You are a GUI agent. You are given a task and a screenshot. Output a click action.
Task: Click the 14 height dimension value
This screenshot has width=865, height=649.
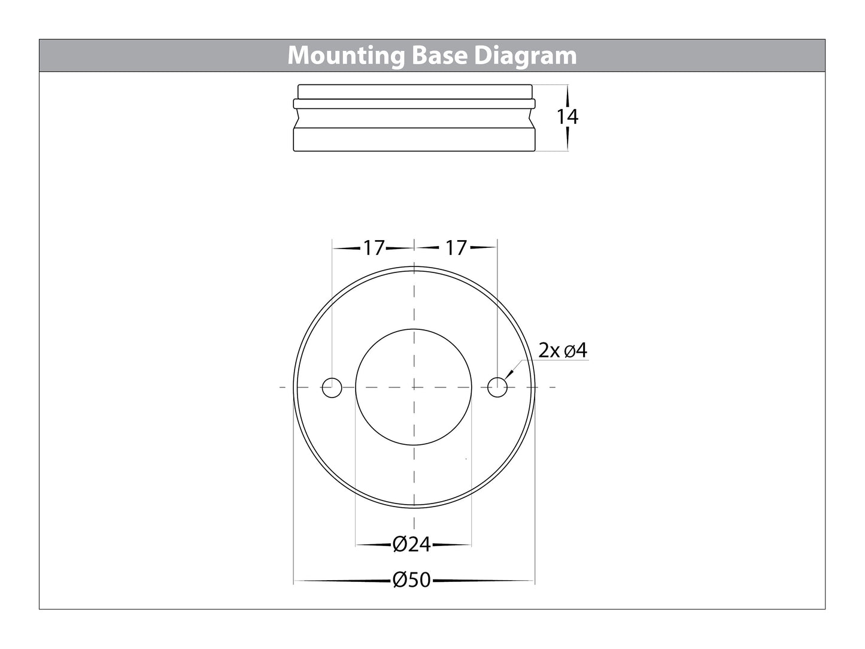(x=567, y=117)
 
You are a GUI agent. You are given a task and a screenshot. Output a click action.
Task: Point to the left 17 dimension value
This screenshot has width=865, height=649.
(x=373, y=247)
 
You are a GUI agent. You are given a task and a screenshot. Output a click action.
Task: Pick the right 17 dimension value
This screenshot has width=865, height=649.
(x=456, y=247)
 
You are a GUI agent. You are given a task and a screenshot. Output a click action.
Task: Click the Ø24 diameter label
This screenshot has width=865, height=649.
(x=412, y=545)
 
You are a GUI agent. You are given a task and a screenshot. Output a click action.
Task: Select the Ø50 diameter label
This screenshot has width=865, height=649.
(x=412, y=580)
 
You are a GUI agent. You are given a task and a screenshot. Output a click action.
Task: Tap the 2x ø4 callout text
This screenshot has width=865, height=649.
(x=563, y=350)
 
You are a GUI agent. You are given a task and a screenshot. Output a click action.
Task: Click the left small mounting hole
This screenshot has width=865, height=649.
(x=332, y=387)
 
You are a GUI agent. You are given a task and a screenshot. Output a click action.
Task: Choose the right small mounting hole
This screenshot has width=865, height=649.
(x=497, y=387)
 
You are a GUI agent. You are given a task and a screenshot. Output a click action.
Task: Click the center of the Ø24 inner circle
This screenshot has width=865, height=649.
(x=414, y=387)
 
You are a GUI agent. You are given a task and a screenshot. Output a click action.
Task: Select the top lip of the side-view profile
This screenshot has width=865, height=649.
(x=414, y=91)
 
